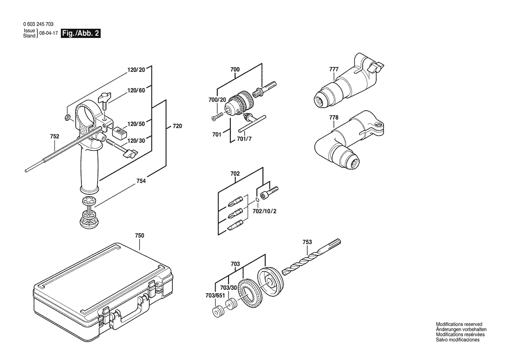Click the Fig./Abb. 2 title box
81,34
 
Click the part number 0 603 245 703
38,24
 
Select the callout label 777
334,69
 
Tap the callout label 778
334,118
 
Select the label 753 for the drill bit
307,242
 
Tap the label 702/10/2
265,211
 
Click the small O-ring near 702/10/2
257,200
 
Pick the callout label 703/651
215,295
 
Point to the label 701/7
244,139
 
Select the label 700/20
217,100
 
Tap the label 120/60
136,90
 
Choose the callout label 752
54,136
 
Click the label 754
141,181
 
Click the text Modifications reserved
459,324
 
